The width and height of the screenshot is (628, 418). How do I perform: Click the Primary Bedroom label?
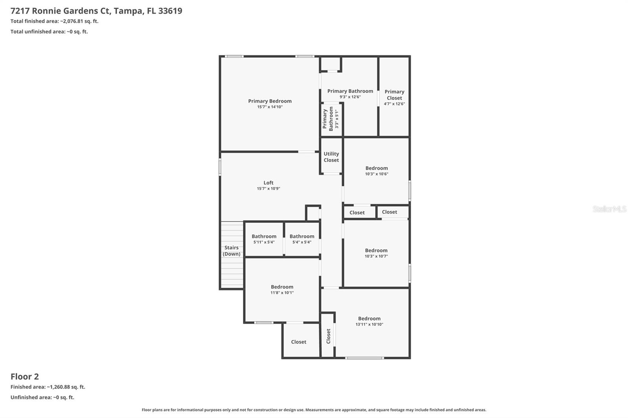click(x=270, y=101)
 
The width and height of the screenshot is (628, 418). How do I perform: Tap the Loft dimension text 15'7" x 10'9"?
click(x=268, y=189)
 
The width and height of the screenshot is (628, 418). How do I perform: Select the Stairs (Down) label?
click(x=232, y=251)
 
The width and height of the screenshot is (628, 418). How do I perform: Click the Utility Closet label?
click(x=331, y=157)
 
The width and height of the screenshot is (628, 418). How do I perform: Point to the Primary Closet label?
click(x=394, y=95)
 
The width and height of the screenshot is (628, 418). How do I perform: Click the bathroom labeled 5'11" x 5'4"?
click(x=264, y=239)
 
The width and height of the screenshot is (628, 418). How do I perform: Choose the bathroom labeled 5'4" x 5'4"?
click(x=302, y=239)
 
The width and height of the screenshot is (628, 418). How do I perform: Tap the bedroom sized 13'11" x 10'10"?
click(x=369, y=321)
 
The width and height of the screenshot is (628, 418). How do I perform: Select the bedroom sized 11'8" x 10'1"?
click(x=282, y=289)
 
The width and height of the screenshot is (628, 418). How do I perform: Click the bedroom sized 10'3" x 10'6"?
click(x=376, y=171)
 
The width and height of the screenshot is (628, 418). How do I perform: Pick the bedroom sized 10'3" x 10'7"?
click(x=376, y=253)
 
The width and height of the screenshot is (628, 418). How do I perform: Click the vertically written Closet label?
click(x=329, y=336)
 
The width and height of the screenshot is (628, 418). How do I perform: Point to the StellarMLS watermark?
click(x=609, y=209)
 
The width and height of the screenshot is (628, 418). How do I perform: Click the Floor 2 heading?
click(x=25, y=376)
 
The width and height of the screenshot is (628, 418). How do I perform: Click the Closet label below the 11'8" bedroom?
click(x=299, y=342)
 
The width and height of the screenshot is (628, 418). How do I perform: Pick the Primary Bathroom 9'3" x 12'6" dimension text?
click(x=350, y=97)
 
